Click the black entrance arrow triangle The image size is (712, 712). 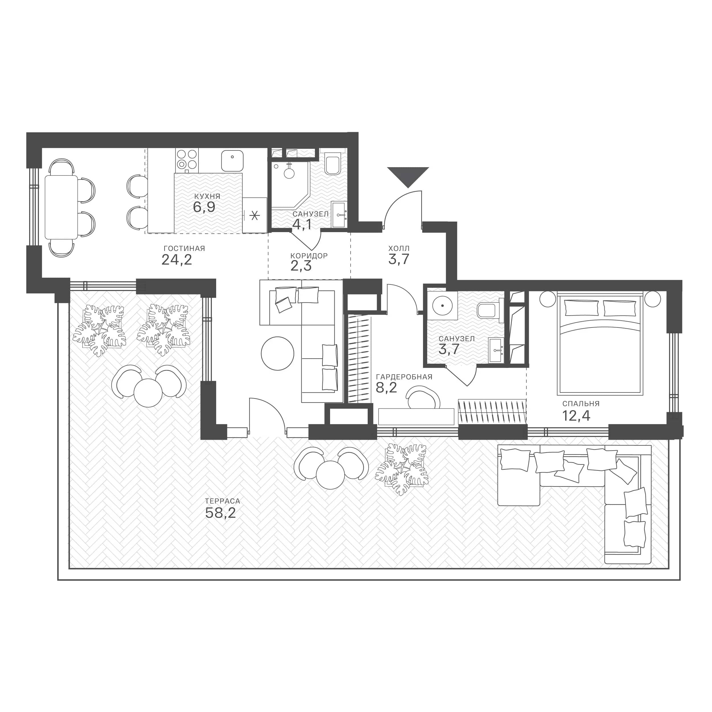point(408,176)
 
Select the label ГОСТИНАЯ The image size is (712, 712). point(184,249)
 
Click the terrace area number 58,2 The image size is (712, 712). point(220,513)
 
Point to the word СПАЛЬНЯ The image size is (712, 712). point(581,404)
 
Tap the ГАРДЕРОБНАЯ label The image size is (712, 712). point(404,377)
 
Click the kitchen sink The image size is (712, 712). point(232,160)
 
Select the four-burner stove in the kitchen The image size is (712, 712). point(187,161)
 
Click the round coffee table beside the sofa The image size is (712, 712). point(277,354)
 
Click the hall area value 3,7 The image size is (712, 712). point(399,259)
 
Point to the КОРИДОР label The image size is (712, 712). point(309,256)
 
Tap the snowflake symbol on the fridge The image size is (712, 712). point(254,215)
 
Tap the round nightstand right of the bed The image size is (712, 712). point(653,298)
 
